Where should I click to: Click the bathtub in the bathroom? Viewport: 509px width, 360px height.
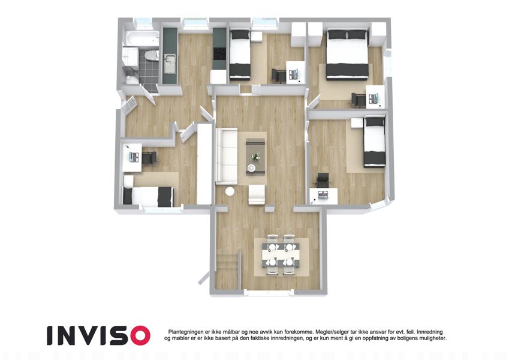tap(141, 38)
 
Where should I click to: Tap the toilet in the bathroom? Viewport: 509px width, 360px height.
tap(151, 56)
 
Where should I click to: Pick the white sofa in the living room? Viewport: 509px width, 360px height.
tap(226, 157)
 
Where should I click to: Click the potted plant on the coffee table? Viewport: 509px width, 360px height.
tap(256, 157)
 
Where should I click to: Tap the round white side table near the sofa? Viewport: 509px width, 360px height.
tap(230, 191)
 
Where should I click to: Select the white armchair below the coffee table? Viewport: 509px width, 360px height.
tap(257, 194)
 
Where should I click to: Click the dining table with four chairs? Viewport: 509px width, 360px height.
tap(281, 255)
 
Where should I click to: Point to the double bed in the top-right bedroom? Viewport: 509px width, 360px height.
tap(347, 54)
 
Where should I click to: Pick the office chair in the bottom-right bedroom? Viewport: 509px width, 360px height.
tap(323, 180)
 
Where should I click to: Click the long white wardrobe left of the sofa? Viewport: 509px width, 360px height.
tap(204, 164)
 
